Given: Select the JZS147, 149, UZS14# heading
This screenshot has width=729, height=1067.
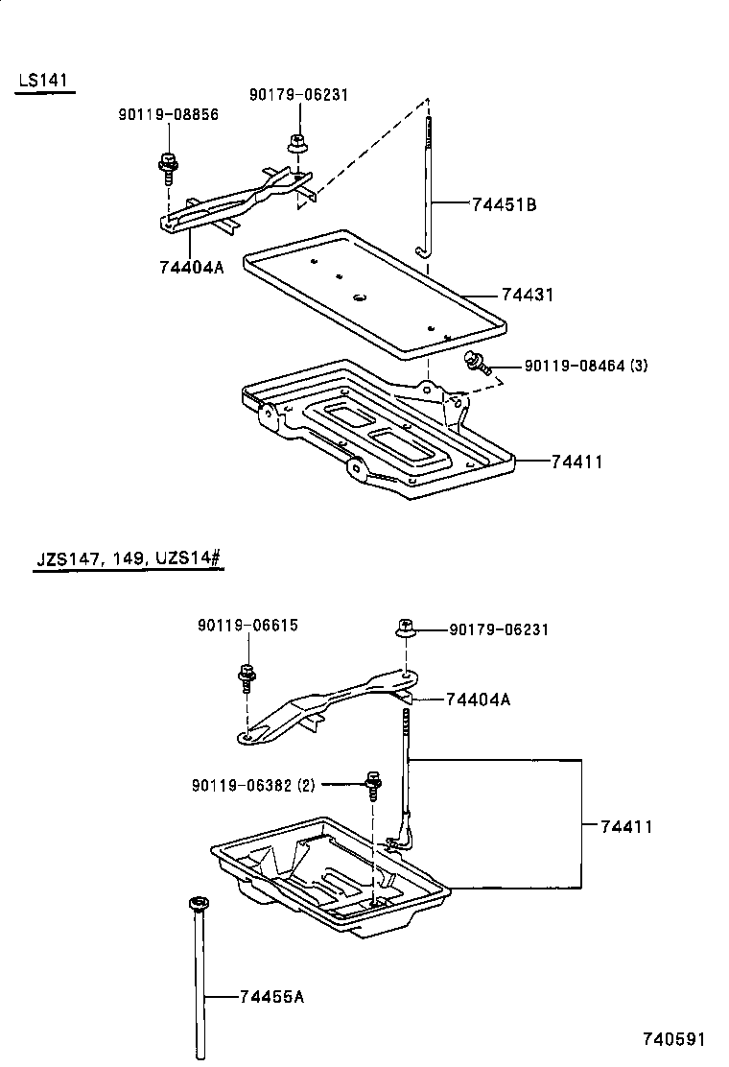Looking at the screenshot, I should pyautogui.click(x=129, y=558).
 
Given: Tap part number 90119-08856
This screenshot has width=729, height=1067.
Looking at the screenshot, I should pyautogui.click(x=168, y=114).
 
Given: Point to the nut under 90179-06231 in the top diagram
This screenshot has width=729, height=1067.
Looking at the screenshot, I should pyautogui.click(x=297, y=144).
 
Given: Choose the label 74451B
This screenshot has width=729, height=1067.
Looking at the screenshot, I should pyautogui.click(x=504, y=203).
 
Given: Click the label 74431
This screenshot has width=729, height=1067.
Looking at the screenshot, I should pyautogui.click(x=527, y=296).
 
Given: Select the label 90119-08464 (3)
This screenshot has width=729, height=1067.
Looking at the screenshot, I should pyautogui.click(x=586, y=366).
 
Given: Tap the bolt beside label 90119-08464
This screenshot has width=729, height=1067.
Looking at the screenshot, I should pyautogui.click(x=476, y=363).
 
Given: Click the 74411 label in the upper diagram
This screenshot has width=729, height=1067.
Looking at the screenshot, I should pyautogui.click(x=576, y=462).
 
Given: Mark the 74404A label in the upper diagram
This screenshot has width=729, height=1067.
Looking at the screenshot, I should pyautogui.click(x=192, y=267).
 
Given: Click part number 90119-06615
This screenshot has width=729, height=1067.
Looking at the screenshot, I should pyautogui.click(x=247, y=625).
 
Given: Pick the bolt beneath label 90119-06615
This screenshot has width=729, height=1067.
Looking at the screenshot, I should pyautogui.click(x=246, y=677).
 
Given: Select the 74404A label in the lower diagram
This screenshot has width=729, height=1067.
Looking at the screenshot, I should pyautogui.click(x=478, y=699).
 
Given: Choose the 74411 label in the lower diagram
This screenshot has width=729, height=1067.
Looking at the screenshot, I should pyautogui.click(x=626, y=825).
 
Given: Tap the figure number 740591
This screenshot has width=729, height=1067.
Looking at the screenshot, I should pyautogui.click(x=673, y=1039).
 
